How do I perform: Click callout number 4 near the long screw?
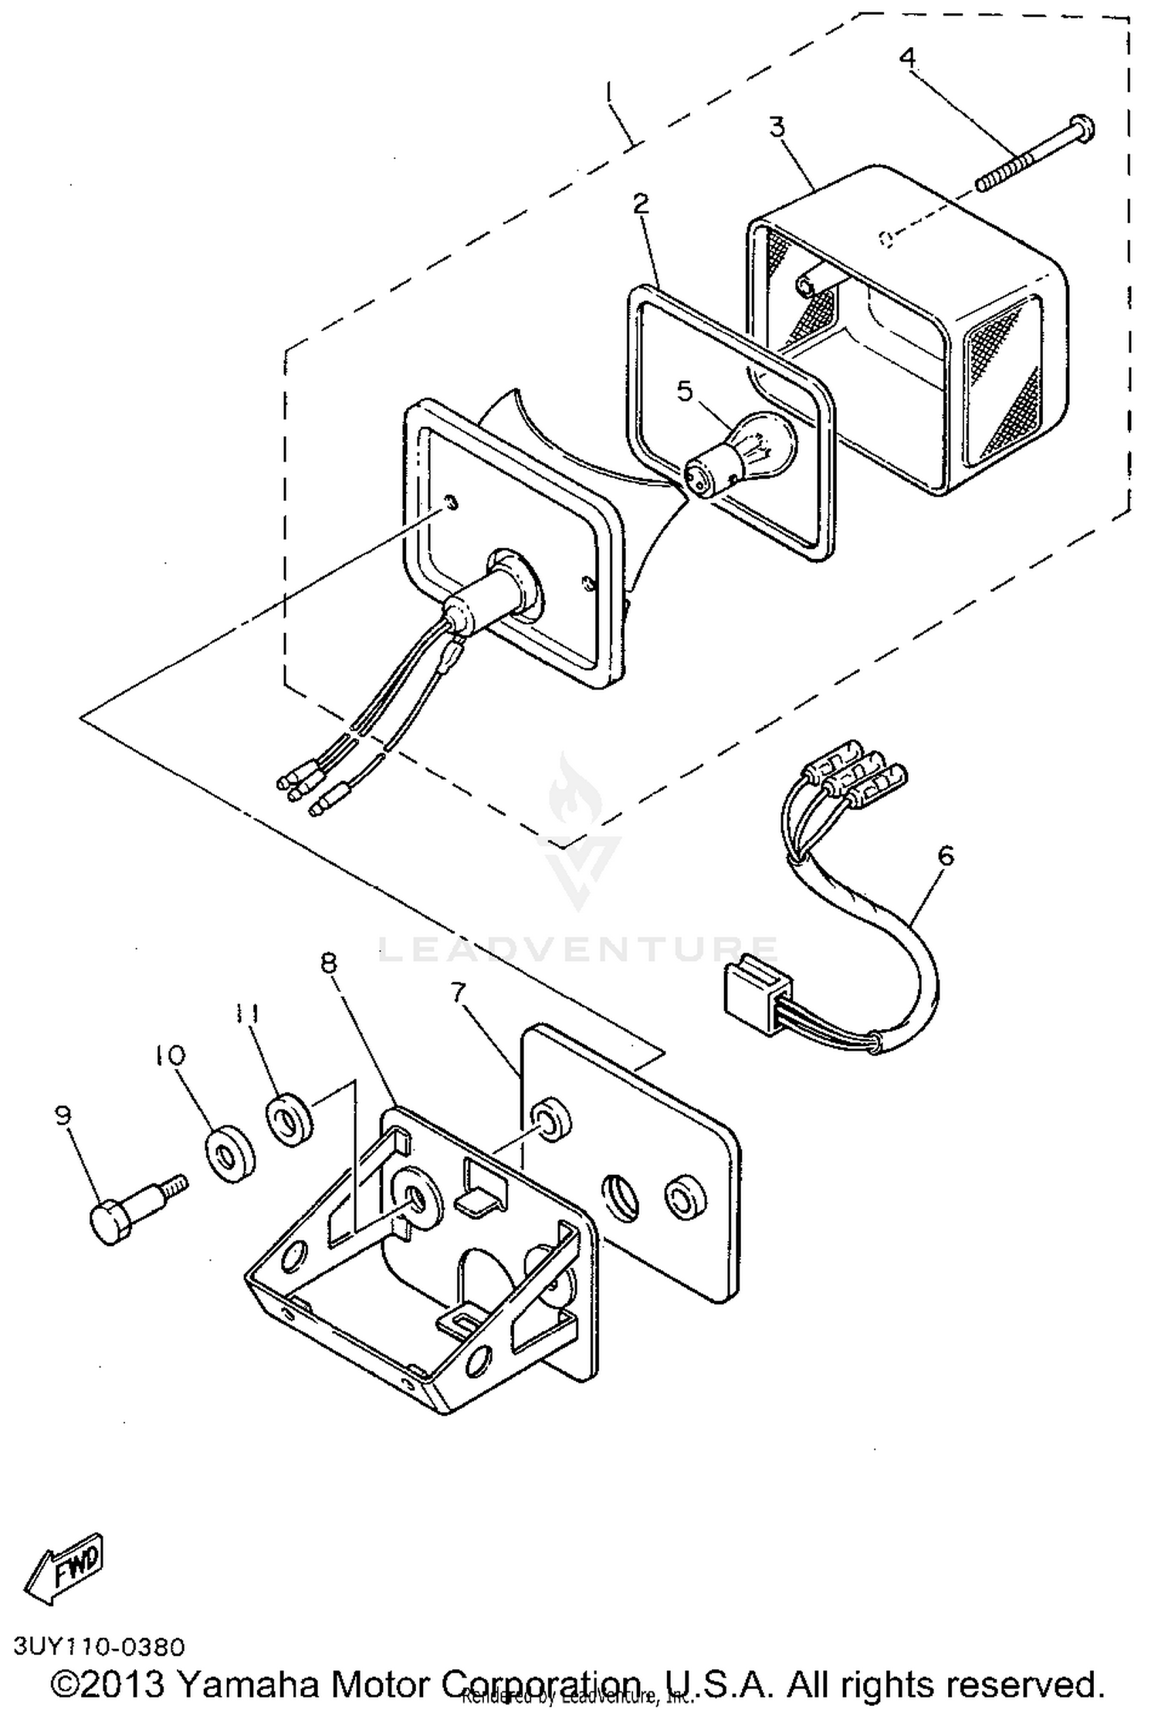[x=908, y=57]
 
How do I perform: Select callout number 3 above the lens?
[x=777, y=127]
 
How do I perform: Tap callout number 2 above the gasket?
[x=641, y=204]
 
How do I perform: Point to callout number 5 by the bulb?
[x=685, y=391]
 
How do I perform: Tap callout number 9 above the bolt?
[x=63, y=1115]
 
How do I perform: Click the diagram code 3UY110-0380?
[x=100, y=1647]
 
